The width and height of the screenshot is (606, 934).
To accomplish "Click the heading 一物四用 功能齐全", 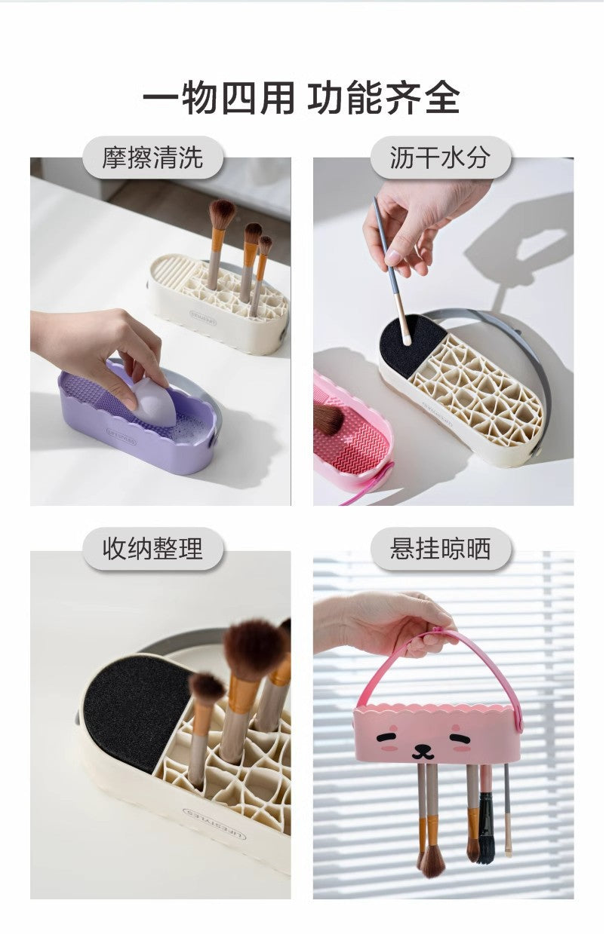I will [x=302, y=98].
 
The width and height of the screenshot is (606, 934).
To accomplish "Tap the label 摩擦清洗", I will [x=152, y=158].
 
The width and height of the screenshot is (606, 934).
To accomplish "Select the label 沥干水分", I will [x=440, y=158].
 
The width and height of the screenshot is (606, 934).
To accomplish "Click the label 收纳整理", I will [x=152, y=549].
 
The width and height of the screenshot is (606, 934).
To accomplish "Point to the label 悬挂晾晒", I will [x=440, y=549].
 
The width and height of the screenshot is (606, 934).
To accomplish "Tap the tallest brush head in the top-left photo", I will [x=222, y=214].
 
